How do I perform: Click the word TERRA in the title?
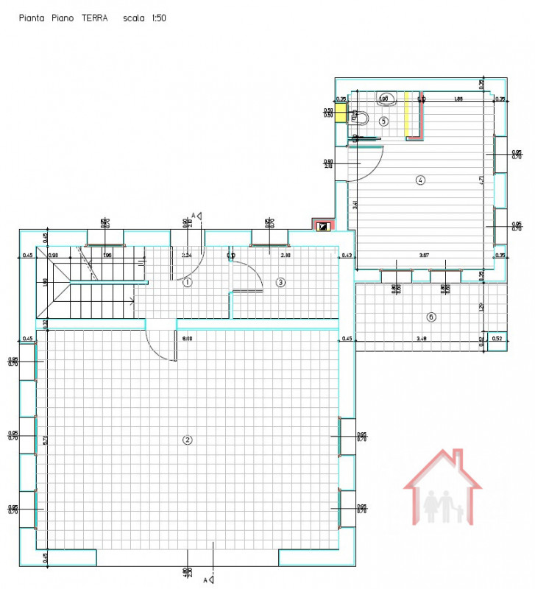click(94, 18)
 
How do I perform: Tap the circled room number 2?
click(187, 440)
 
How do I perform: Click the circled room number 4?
click(420, 180)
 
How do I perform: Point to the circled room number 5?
click(383, 121)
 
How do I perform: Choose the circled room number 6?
click(431, 317)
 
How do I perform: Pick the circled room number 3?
click(280, 282)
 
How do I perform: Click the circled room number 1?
click(187, 282)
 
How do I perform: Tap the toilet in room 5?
click(360, 117)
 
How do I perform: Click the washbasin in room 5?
click(388, 99)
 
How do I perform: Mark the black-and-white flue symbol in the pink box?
click(322, 227)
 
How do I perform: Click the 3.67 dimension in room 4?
click(424, 255)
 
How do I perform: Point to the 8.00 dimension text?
click(187, 339)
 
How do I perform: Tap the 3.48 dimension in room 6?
click(422, 339)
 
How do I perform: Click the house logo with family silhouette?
click(442, 488)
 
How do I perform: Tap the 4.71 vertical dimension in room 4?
click(480, 179)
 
